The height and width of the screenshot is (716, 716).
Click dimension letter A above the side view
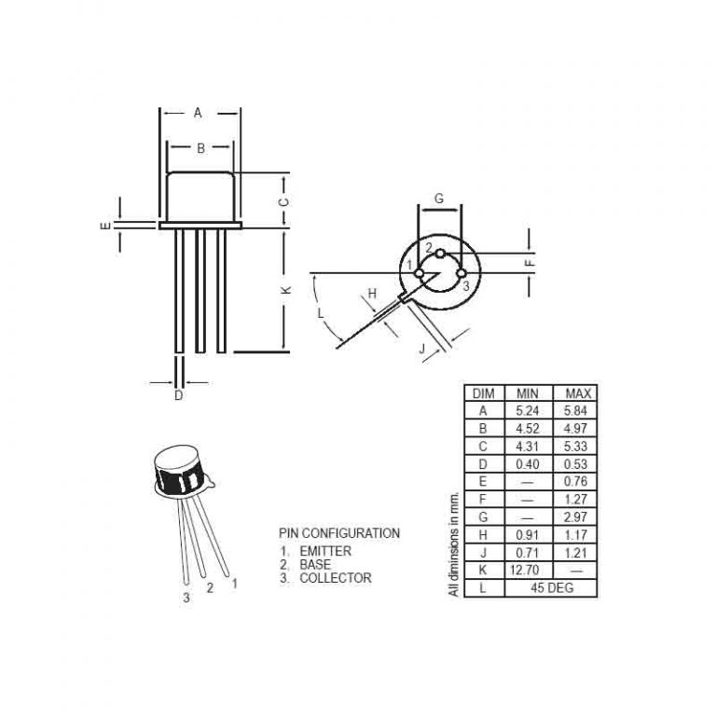(198, 113)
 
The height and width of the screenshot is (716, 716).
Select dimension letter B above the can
(200, 147)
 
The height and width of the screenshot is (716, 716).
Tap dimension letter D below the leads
(179, 395)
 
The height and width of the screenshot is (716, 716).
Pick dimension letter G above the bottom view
(438, 199)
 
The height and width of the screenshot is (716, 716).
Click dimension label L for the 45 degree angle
(322, 314)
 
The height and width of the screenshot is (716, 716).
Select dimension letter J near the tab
(421, 350)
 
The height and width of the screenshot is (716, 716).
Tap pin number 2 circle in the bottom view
(440, 253)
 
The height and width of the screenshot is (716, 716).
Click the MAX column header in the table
(574, 393)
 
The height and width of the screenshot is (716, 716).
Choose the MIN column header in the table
(528, 393)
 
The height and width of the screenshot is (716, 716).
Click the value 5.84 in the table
(574, 410)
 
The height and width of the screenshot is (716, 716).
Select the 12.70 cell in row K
(528, 571)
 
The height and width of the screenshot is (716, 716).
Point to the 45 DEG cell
(551, 588)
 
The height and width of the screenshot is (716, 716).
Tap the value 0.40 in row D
(528, 464)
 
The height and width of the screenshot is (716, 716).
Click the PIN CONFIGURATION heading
(339, 533)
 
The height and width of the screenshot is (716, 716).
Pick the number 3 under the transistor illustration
(186, 598)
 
